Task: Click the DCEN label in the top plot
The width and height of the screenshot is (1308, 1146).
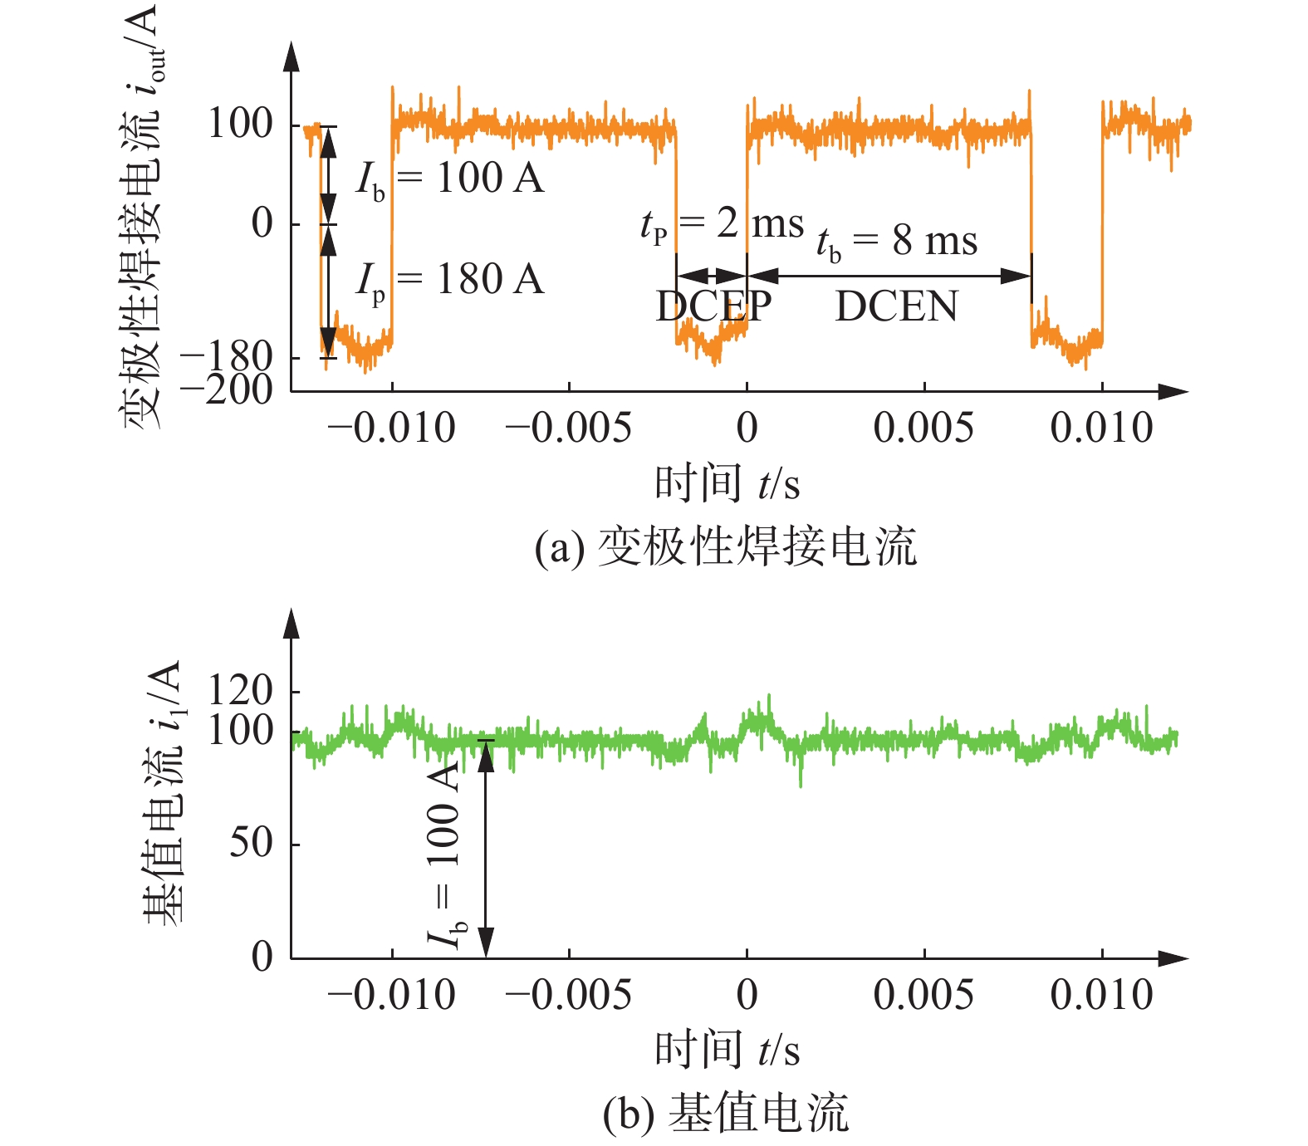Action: point(896,306)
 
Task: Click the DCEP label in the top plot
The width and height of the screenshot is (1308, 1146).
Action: point(713,306)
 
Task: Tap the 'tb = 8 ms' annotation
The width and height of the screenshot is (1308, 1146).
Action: point(897,242)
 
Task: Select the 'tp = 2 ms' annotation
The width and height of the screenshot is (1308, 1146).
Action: point(722,224)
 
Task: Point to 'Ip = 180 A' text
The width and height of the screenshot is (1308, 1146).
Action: point(450,280)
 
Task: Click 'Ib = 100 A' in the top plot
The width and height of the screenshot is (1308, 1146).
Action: point(450,179)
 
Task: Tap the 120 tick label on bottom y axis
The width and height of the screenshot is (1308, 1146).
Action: point(240,689)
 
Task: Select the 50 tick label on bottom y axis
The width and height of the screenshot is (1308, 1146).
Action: point(251,843)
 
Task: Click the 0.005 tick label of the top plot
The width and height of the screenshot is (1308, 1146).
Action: point(923,429)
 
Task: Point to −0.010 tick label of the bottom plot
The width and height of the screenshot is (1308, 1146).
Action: point(391,995)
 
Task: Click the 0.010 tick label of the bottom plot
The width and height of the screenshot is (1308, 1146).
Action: point(1101,995)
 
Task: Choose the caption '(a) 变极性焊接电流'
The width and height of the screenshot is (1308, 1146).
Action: point(726,548)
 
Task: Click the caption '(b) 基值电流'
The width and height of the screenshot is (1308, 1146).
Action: point(726,1114)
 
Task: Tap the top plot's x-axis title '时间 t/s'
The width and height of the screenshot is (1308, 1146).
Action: point(727,483)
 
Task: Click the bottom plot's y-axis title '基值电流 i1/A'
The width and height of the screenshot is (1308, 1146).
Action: point(163,793)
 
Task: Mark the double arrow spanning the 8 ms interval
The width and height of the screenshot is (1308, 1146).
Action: point(889,276)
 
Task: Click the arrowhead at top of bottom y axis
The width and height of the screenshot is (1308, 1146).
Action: point(291,624)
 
